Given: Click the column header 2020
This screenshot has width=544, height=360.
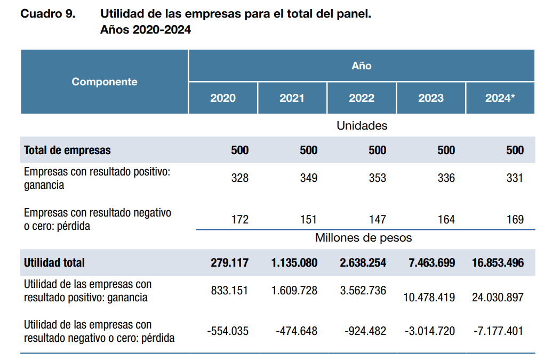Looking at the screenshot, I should click(223, 98).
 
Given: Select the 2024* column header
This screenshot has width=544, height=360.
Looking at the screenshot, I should click(500, 98).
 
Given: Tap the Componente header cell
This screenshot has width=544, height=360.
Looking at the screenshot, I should click(105, 82).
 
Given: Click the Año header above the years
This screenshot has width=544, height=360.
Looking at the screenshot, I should click(361, 66).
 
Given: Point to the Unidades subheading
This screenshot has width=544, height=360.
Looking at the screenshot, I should click(362, 126).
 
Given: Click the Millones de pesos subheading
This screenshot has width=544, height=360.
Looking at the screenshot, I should click(363, 237).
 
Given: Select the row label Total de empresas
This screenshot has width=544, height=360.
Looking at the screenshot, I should click(67, 150).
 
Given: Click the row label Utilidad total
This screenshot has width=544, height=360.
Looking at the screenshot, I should click(54, 262).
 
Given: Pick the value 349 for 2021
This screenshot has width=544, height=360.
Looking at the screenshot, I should click(308, 178).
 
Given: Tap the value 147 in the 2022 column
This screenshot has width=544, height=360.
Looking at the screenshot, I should click(377, 219).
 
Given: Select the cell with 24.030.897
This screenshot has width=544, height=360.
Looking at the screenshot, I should click(498, 298).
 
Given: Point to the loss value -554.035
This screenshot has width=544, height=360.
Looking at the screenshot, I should click(228, 331).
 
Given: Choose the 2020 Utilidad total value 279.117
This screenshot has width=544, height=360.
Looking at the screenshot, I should click(230, 262).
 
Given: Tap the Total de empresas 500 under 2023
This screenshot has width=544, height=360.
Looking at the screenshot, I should click(446, 150).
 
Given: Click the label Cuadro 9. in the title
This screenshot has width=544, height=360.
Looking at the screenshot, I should click(48, 14).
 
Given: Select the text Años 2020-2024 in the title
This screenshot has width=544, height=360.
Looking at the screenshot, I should click(146, 30).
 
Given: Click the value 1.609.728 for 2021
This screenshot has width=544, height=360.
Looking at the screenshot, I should click(294, 291).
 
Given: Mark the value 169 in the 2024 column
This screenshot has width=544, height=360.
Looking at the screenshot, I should click(515, 219).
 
